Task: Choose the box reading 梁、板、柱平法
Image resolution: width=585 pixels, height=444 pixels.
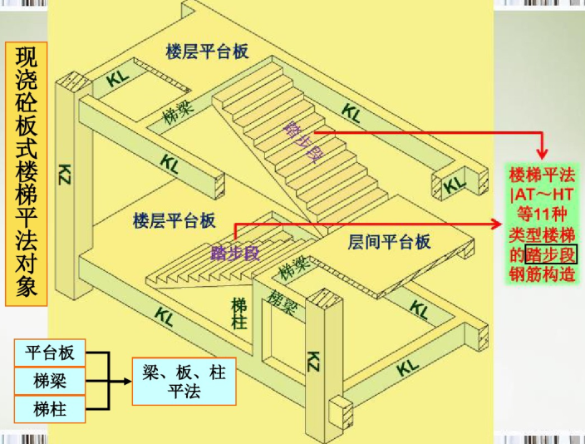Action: [x=184, y=381]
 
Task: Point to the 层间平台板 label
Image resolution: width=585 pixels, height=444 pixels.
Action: [x=389, y=242]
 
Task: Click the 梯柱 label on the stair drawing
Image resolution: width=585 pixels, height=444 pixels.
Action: [x=240, y=313]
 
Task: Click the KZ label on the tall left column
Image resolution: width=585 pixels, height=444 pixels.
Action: [x=66, y=174]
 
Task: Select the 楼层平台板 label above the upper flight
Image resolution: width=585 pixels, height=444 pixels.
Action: [x=208, y=52]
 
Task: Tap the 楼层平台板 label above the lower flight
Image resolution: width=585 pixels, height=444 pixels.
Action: [x=174, y=221]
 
